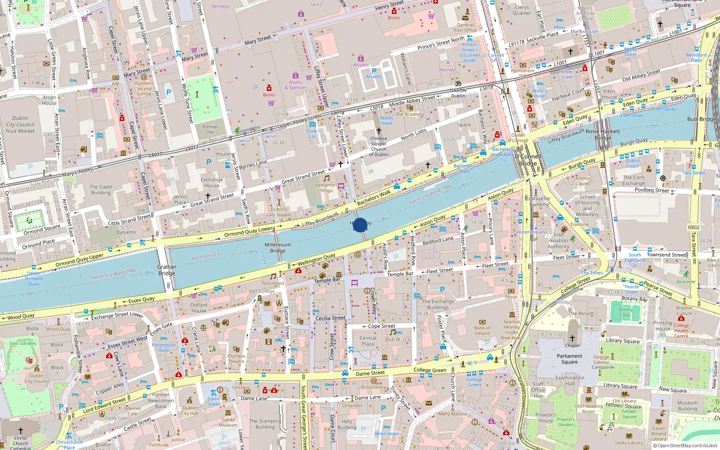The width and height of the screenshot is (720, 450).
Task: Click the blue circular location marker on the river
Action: click(360, 225)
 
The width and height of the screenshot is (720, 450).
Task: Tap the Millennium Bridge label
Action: click(278, 248)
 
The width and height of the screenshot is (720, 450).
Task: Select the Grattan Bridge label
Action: click(166, 270)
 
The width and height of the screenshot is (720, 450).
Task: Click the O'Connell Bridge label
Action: click(528, 160)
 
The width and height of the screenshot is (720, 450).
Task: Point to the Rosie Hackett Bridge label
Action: click(603, 135)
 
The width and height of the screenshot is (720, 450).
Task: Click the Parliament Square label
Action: click(569, 359)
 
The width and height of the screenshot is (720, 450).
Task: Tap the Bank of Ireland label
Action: click(482, 330)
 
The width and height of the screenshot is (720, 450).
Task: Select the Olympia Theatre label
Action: click(236, 358)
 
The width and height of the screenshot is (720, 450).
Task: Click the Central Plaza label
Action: click(368, 341)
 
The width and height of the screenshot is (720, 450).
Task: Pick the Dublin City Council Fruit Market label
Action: click(20, 125)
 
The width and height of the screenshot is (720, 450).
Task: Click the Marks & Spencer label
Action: click(295, 85)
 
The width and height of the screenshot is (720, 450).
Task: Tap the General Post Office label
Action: click(465, 28)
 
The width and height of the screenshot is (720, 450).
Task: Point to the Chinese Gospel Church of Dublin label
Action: click(378, 146)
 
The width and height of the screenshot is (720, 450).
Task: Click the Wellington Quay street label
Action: click(316, 259)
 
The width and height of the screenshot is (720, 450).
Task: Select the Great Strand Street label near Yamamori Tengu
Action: click(303, 176)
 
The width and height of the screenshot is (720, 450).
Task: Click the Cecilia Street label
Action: click(330, 318)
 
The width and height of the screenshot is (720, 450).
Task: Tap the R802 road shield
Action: click(694, 227)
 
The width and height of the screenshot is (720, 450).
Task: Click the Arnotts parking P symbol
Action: click(373, 71)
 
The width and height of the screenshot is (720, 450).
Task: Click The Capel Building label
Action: click(101, 189)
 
